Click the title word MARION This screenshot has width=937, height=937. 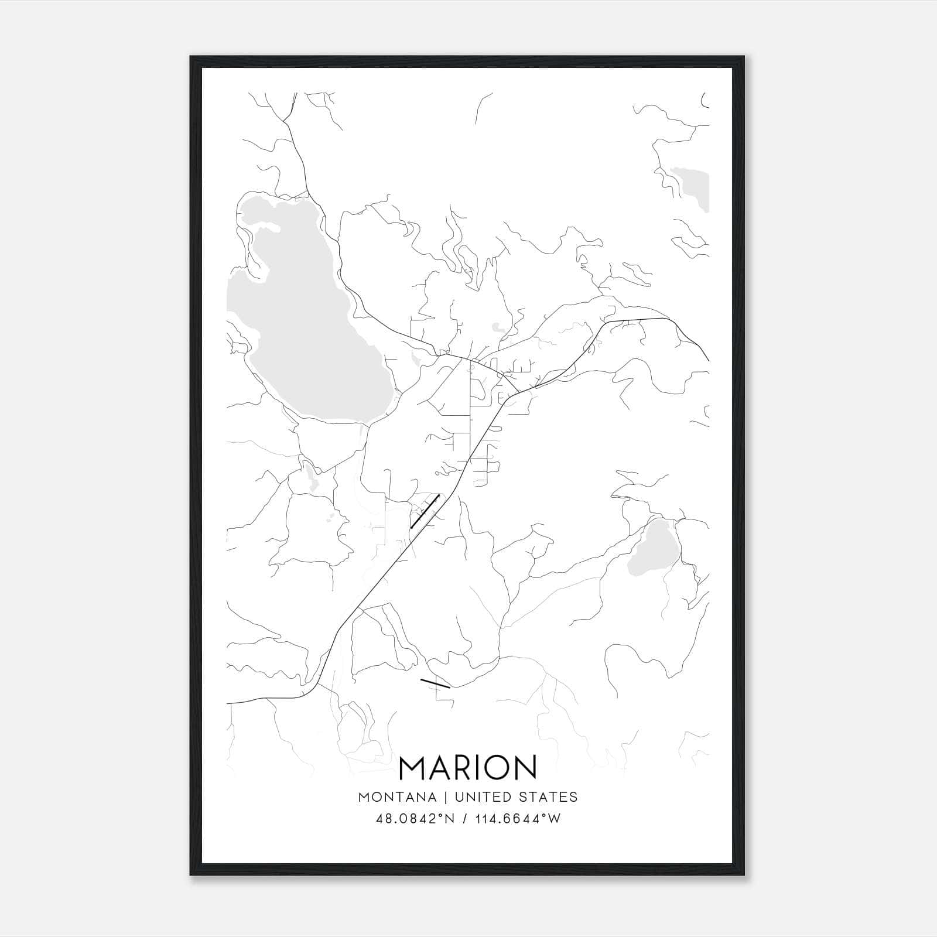click(468, 768)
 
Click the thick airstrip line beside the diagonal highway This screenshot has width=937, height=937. click(425, 511)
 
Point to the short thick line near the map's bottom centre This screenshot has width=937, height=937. click(435, 683)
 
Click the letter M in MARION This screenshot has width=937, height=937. click(412, 768)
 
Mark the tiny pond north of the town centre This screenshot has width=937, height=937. click(497, 327)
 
